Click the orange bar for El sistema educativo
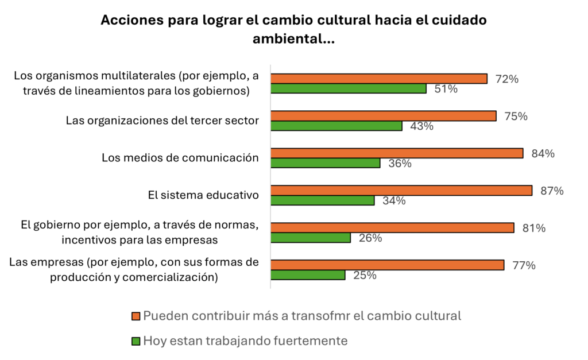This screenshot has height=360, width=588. point(401,191)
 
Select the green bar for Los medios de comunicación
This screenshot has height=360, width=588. point(325,163)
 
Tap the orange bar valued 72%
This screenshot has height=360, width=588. point(379,79)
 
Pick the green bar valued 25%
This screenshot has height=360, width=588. point(308,275)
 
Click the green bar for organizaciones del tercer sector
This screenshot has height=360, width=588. point(336,126)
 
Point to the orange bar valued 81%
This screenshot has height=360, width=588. point(392,227)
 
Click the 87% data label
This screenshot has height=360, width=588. point(552,191)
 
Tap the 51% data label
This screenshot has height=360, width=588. point(446,89)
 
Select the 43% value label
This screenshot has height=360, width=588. point(421,126)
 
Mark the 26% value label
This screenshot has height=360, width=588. point(370,238)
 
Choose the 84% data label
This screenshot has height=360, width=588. point(543,153)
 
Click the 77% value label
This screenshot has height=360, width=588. point(524,265)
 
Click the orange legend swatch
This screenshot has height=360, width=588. point(136,316)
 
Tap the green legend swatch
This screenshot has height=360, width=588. point(136,341)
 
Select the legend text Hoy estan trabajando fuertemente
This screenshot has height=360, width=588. point(245,341)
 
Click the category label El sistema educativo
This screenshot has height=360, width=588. point(203,195)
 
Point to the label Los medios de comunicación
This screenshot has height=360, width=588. point(180,158)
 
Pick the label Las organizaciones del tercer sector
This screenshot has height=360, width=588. point(163,121)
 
